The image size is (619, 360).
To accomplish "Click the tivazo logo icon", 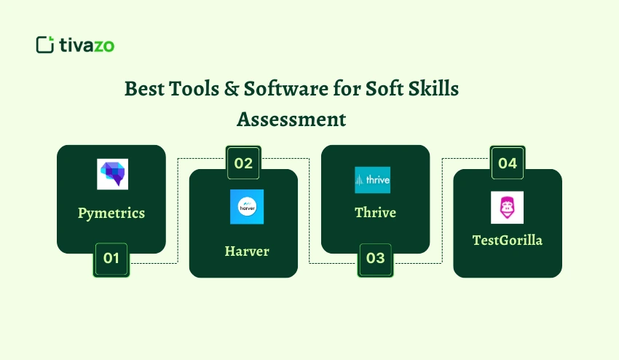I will (45, 44).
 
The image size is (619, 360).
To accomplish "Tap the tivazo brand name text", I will (87, 45).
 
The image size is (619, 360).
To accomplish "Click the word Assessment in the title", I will (291, 119).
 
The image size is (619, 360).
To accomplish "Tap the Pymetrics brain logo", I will (112, 174).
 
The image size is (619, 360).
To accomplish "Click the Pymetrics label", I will (111, 213).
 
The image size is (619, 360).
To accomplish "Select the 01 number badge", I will (111, 258).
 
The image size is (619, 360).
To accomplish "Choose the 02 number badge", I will (243, 163).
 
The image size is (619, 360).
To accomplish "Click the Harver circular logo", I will (247, 206).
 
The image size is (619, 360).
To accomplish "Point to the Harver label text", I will (247, 251).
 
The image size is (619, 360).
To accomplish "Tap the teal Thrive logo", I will (372, 180).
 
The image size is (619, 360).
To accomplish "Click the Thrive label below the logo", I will (375, 213).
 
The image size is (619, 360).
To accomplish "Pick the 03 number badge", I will (375, 259).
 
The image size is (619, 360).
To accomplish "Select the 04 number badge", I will (508, 163).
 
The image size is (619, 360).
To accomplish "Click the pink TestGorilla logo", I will (507, 208).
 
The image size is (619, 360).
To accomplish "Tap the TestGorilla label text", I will (508, 240).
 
